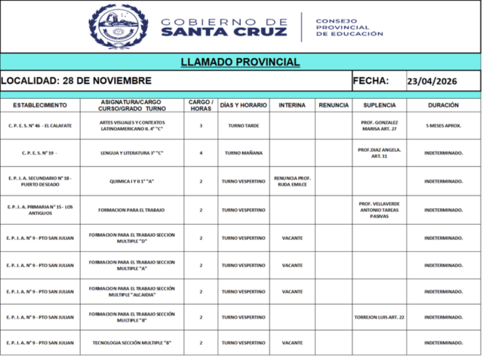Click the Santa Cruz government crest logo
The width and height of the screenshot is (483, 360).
[118, 26]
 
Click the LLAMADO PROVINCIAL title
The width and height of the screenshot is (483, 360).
[241, 63]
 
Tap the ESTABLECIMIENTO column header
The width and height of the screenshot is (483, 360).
[39, 105]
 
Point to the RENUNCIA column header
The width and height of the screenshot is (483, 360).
[334, 105]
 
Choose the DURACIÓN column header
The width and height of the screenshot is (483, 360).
[443, 105]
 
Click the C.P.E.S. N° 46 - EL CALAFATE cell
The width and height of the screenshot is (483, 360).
[39, 125]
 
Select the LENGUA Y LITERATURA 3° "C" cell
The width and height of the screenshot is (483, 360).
[132, 153]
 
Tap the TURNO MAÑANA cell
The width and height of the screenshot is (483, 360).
[243, 153]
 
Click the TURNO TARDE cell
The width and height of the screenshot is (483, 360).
[243, 125]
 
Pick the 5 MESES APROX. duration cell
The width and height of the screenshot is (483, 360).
[443, 125]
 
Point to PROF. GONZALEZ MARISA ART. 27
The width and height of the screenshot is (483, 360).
[380, 125]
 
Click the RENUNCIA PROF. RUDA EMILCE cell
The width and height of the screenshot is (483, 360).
[292, 181]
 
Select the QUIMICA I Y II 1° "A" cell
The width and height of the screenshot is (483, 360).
[132, 181]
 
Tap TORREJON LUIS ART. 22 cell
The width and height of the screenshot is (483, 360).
[380, 317]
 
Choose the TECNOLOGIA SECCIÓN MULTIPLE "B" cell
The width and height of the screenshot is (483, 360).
[132, 343]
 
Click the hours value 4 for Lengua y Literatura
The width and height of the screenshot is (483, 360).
[201, 153]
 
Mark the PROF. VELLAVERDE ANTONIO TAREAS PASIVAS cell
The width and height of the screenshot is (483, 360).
[380, 209]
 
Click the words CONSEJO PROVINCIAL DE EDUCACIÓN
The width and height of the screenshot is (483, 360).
[349, 27]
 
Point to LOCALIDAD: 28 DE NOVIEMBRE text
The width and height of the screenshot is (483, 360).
[76, 81]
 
